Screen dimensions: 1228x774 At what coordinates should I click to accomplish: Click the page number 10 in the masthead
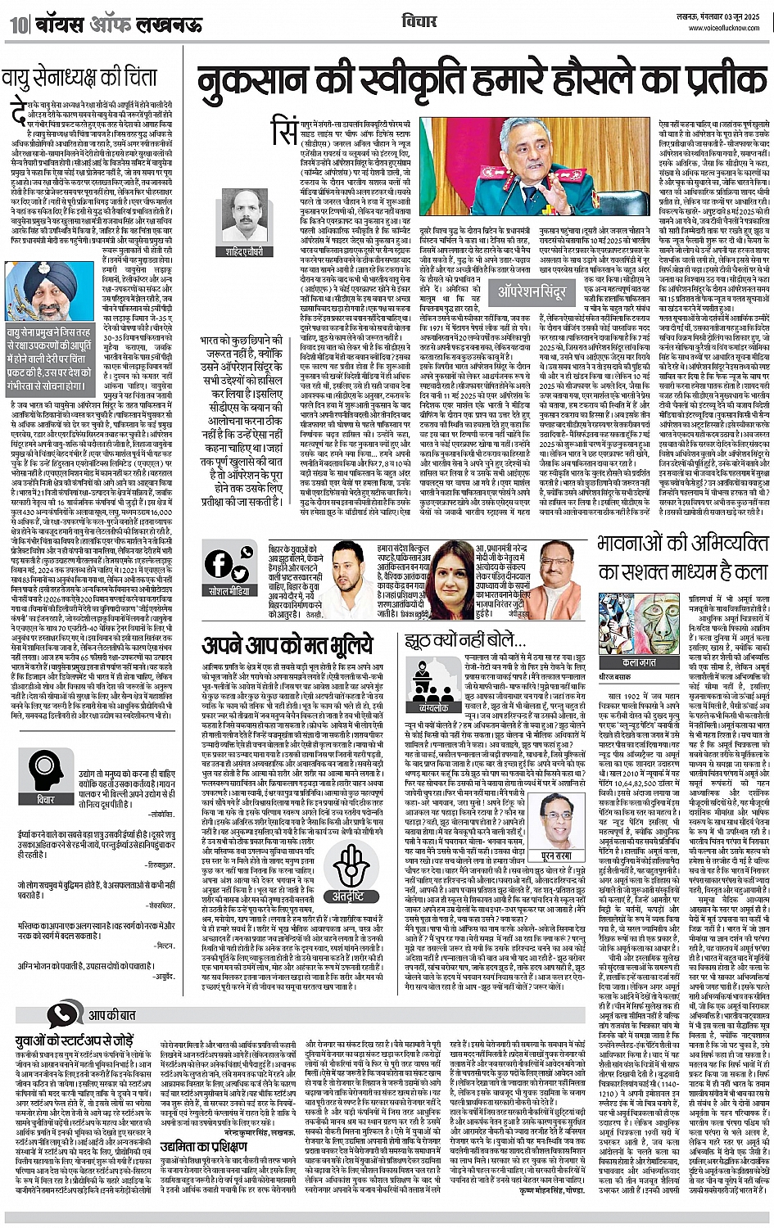tap(17, 25)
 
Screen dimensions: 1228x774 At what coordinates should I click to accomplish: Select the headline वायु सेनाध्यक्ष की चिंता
tap(79, 79)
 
